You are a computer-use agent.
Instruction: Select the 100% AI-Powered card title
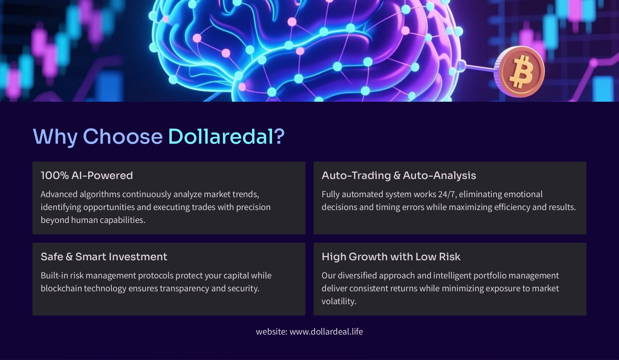pyautogui.click(x=87, y=175)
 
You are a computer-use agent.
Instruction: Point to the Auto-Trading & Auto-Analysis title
pyautogui.click(x=399, y=175)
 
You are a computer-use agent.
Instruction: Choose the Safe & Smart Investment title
pyautogui.click(x=104, y=257)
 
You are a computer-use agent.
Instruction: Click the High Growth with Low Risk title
pyautogui.click(x=391, y=257)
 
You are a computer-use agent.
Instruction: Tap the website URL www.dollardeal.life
pyautogui.click(x=326, y=332)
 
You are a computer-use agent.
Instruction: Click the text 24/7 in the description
pyautogui.click(x=447, y=194)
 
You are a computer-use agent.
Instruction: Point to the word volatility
pyautogui.click(x=339, y=301)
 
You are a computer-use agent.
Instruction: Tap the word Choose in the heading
pyautogui.click(x=123, y=136)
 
